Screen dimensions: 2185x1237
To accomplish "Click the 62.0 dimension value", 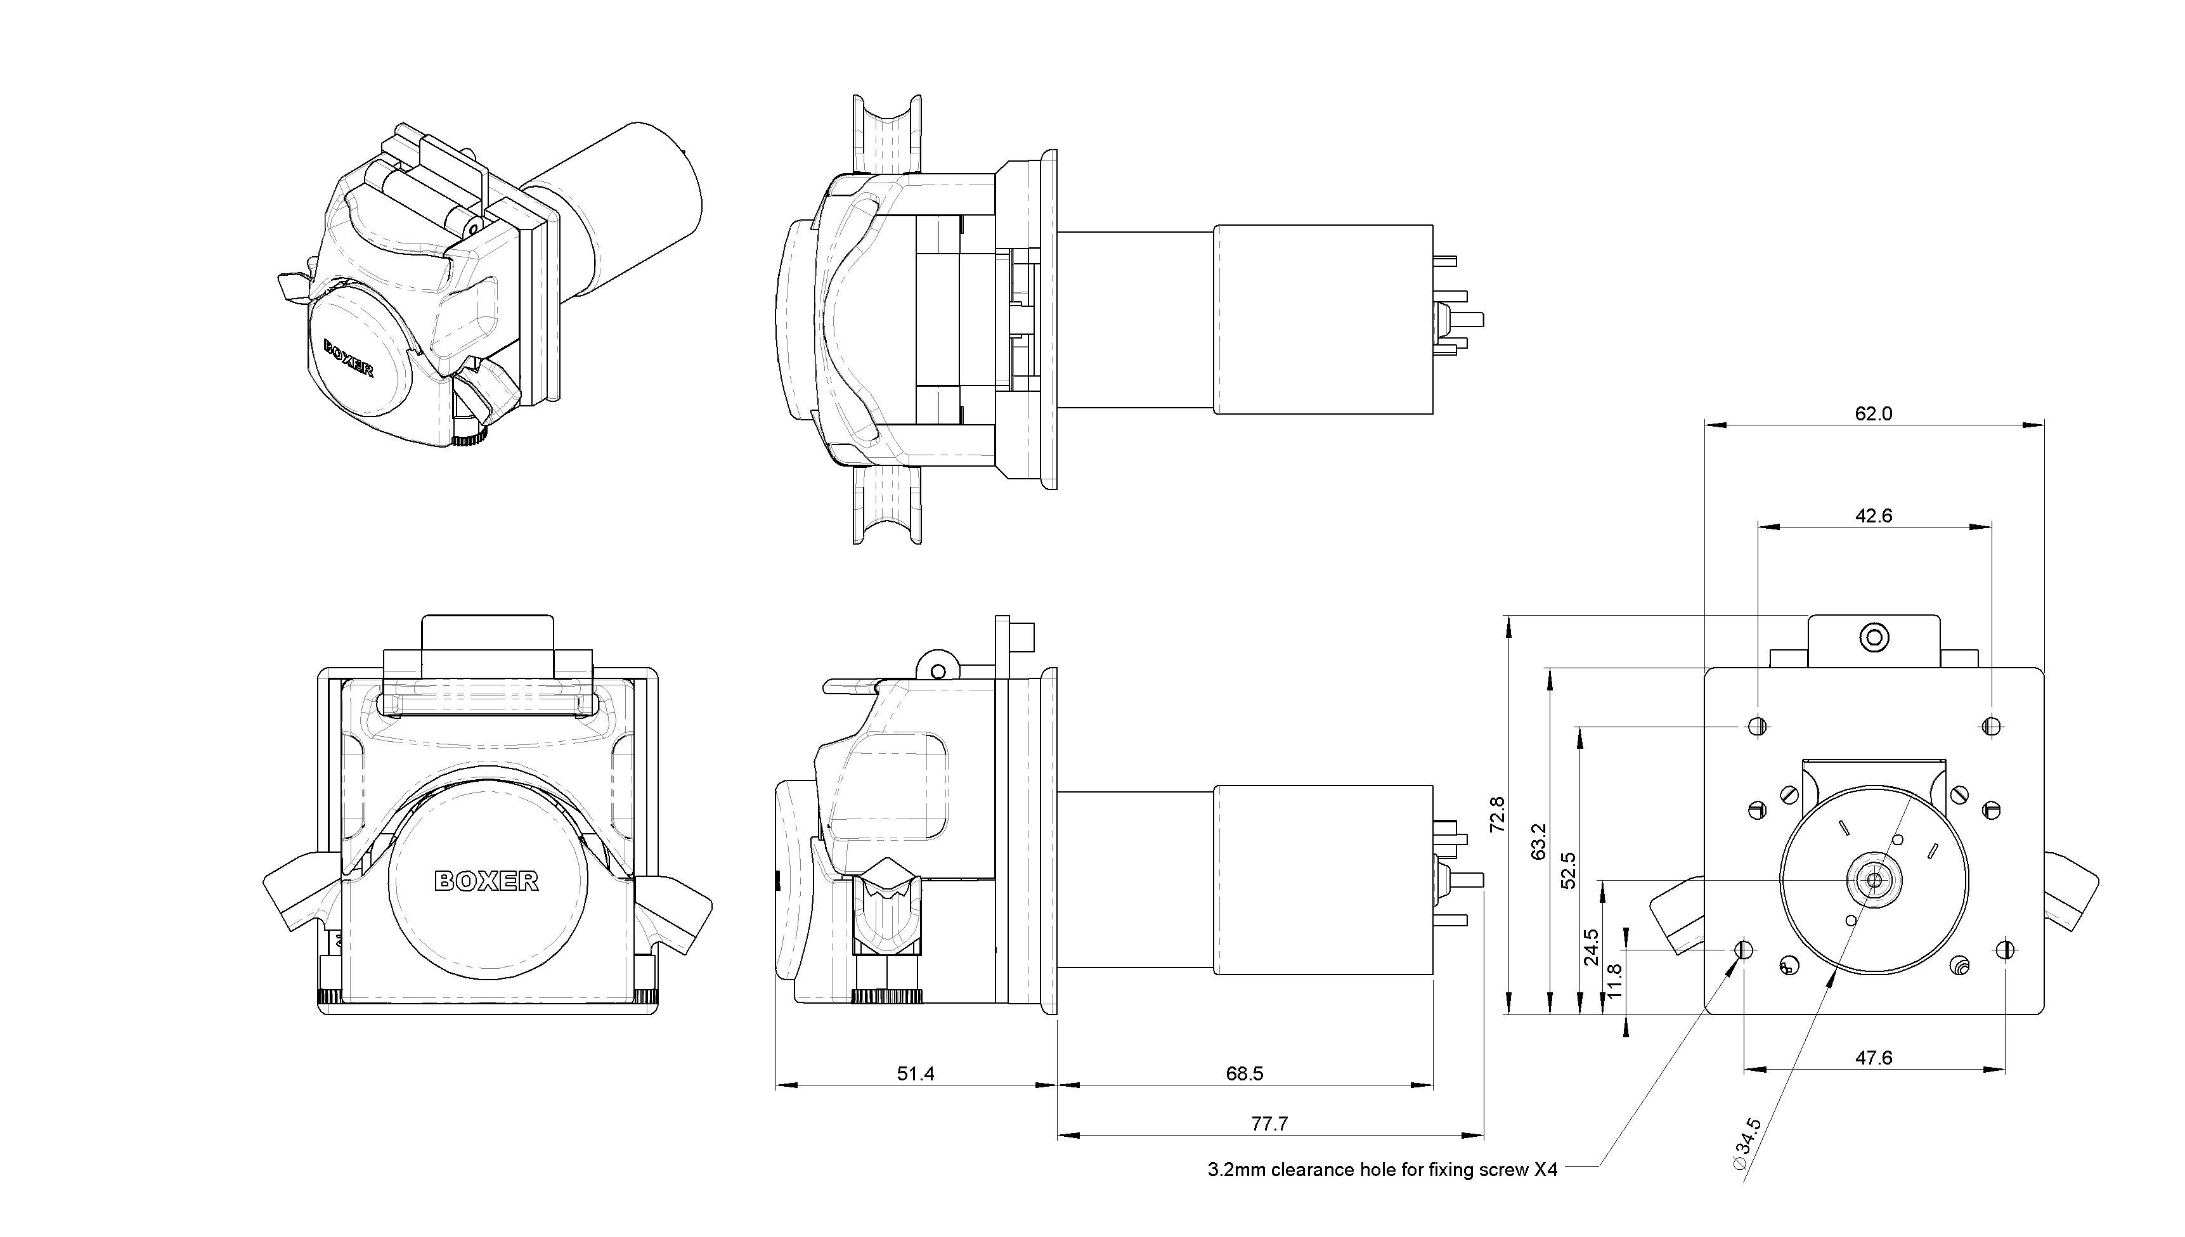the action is [1873, 414].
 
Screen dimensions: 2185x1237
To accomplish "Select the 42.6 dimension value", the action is [1873, 515].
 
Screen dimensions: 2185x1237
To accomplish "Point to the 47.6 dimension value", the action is [1873, 1058].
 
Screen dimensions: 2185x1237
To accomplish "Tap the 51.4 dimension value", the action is [915, 1074].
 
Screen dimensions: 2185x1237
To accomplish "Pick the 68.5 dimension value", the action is [1245, 1074].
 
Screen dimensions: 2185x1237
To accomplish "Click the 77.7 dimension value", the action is [1269, 1124].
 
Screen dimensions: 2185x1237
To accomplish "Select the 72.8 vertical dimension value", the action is [1498, 814].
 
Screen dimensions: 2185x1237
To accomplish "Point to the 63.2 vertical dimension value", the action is [1538, 841].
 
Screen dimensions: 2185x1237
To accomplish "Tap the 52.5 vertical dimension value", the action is [1568, 870].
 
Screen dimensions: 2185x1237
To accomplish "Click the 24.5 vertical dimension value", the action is [1591, 947].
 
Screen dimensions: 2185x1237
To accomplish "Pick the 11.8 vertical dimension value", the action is [1615, 981].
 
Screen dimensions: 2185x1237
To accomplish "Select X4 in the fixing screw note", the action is [1545, 1170].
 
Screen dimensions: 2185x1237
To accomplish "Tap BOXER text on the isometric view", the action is [348, 358].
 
